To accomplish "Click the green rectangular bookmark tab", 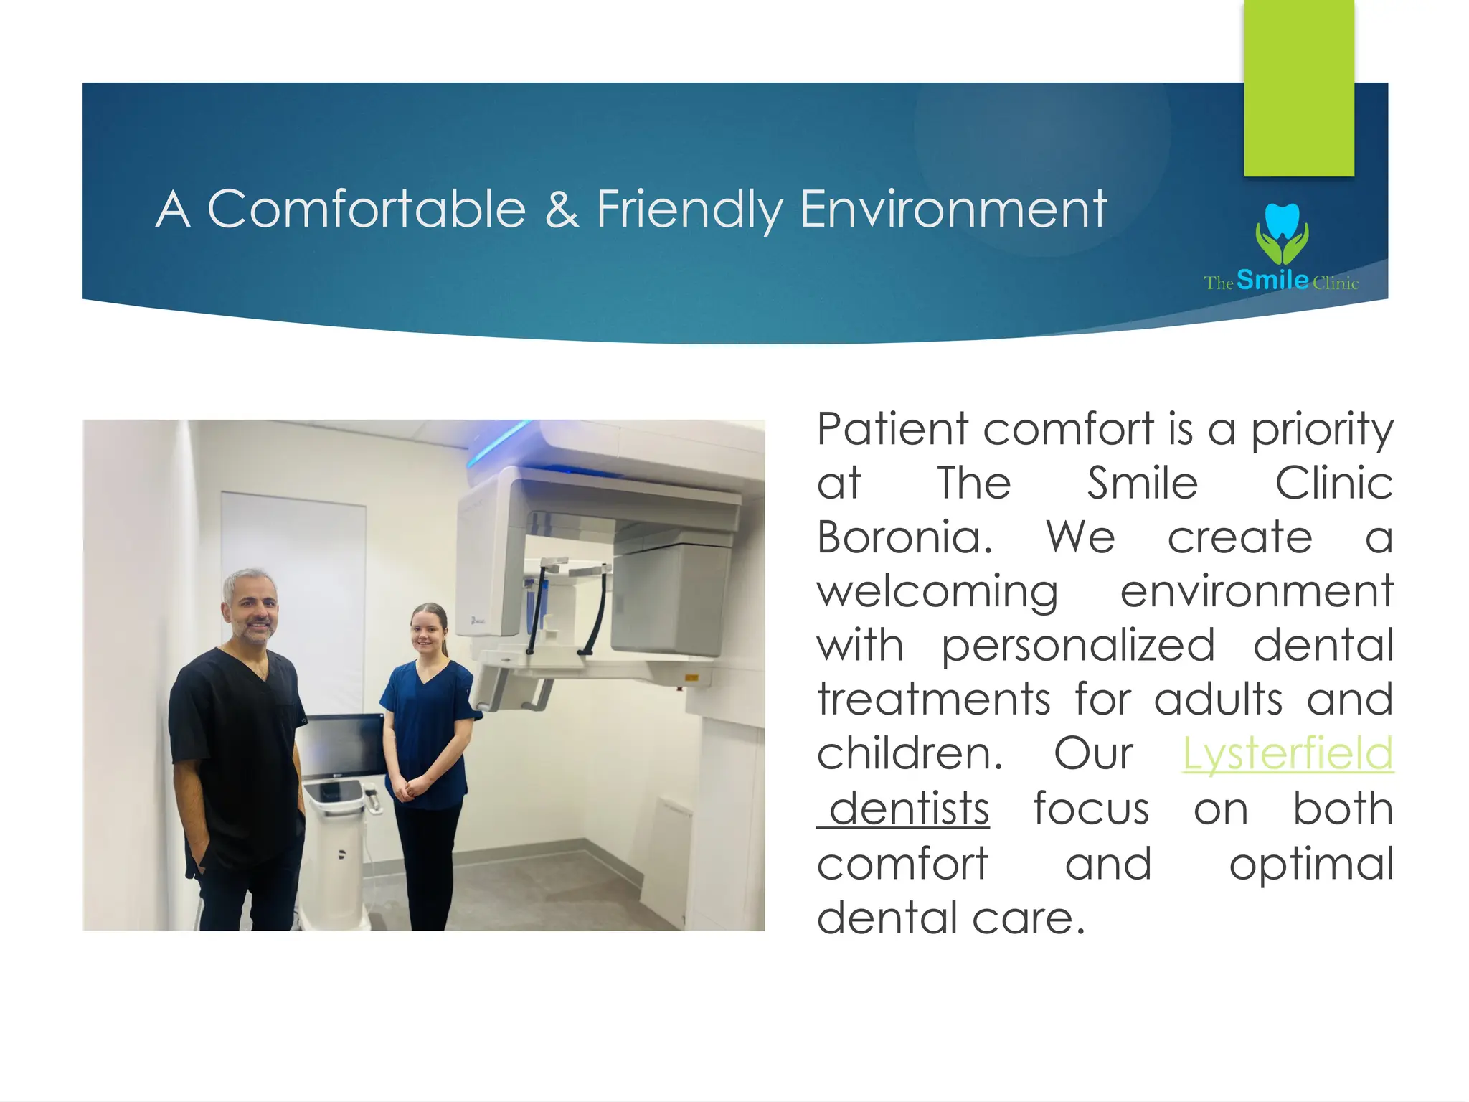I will tap(1298, 86).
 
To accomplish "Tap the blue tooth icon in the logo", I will tap(1282, 221).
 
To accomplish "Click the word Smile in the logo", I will tap(1272, 279).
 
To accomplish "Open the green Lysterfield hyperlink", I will tap(1288, 753).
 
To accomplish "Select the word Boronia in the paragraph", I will tap(904, 537).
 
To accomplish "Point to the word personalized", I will tap(1077, 645).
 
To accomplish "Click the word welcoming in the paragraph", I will tap(937, 592).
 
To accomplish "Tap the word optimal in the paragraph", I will tap(1311, 863).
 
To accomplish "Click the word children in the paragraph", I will tap(909, 753).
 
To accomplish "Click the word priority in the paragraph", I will tap(1321, 430).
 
